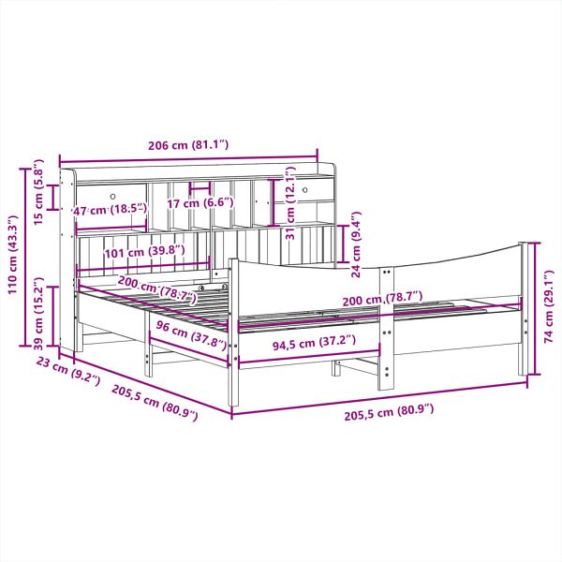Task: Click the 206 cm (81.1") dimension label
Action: click(188, 145)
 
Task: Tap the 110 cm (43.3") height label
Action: click(13, 255)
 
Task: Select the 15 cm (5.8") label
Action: click(38, 192)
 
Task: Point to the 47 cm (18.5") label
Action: click(110, 210)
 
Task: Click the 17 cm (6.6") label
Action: click(200, 203)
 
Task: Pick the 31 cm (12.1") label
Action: click(290, 203)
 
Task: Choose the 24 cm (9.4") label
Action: click(356, 244)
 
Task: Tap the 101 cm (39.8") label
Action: click(145, 252)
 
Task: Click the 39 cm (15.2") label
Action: click(38, 313)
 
